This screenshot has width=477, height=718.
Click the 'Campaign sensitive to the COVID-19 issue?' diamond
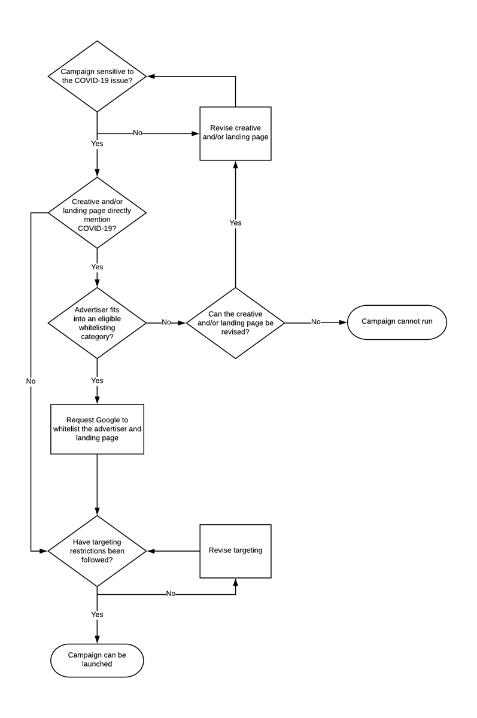click(x=97, y=76)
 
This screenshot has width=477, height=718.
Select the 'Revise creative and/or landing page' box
click(x=235, y=133)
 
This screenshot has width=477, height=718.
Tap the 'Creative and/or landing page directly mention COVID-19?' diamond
click(x=97, y=212)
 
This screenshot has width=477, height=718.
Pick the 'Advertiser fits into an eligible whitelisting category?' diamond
click(x=97, y=323)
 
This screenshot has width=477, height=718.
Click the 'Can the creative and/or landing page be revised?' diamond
click(x=235, y=323)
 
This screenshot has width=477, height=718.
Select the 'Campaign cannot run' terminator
click(x=396, y=323)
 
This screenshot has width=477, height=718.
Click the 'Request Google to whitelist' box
click(x=97, y=429)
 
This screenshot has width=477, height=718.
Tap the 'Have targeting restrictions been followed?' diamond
click(x=97, y=550)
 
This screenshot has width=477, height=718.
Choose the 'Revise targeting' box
click(x=235, y=550)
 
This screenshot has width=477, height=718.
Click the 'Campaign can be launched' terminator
click(x=97, y=660)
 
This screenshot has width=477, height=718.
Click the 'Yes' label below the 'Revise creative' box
click(x=235, y=223)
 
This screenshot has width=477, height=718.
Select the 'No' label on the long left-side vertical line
click(x=31, y=381)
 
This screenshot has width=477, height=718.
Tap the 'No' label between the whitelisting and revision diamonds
click(x=166, y=323)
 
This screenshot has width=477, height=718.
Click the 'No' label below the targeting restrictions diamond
click(x=171, y=594)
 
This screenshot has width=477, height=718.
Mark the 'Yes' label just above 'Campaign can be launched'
click(x=97, y=614)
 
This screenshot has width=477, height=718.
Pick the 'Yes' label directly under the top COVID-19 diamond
click(x=97, y=144)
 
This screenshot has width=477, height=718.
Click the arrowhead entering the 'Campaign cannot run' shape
click(x=343, y=323)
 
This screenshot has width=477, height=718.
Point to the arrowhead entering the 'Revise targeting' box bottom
click(x=235, y=582)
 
